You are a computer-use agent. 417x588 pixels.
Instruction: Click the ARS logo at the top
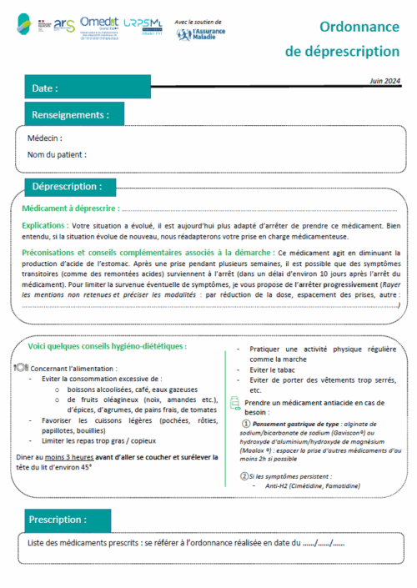pos(64,27)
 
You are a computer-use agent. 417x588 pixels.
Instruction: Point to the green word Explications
pos(44,226)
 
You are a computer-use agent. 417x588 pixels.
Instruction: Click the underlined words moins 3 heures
pos(70,456)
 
